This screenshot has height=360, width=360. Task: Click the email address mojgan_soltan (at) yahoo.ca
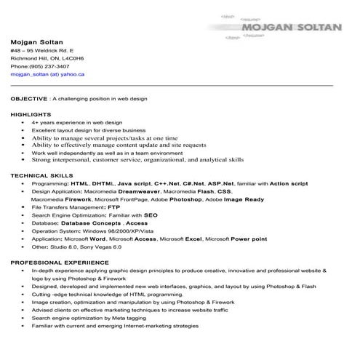47,74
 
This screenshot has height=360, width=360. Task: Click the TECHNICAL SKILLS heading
41,176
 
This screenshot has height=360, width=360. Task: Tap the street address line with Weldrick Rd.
42,50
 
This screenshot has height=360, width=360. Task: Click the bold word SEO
151,215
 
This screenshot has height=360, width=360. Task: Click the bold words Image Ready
244,199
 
